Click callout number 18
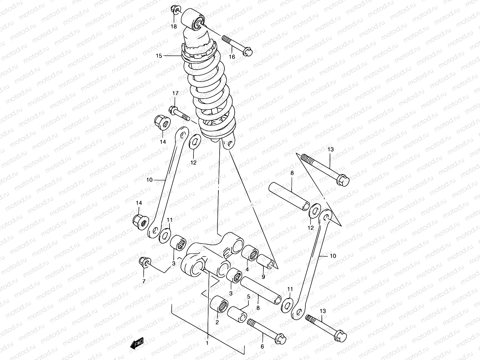coord(174,26)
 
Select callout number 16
coord(232,57)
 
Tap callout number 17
coord(175,94)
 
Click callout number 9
coord(263,277)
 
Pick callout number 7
coord(144,281)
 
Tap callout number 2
coord(217,322)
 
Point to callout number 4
coord(247,269)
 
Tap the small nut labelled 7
coord(144,262)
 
